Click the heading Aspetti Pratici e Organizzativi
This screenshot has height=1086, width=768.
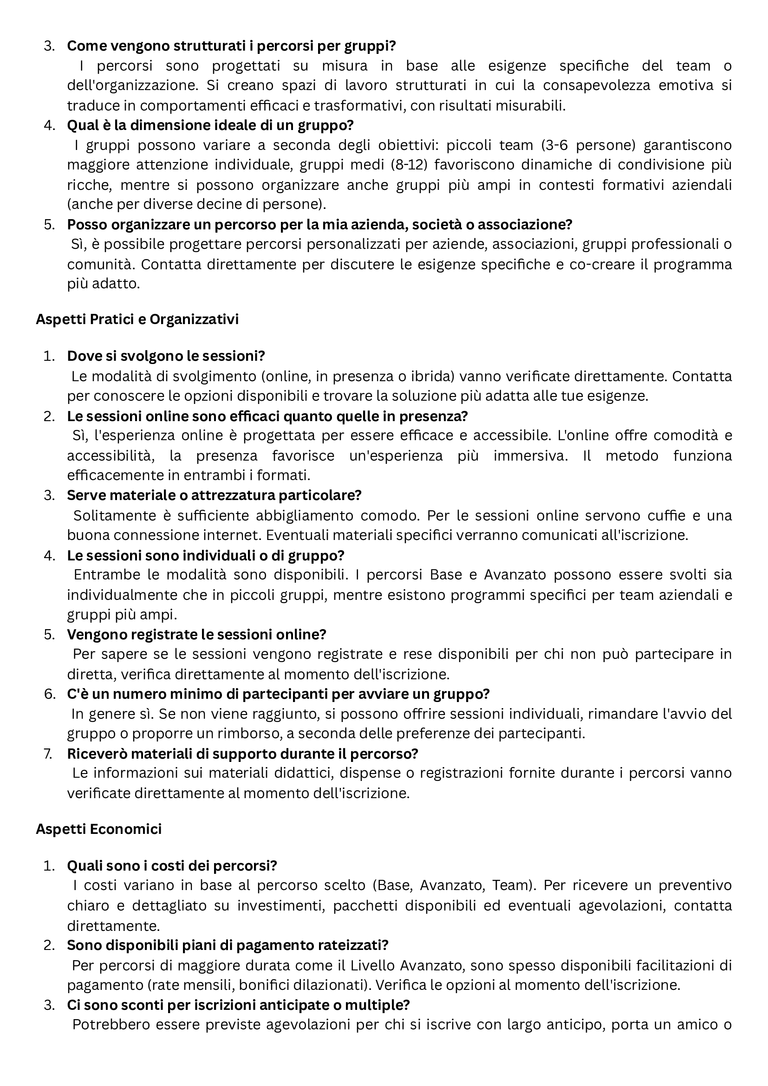[137, 319]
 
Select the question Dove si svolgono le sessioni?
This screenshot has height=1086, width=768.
[165, 356]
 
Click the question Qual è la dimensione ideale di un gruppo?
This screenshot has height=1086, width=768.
[210, 125]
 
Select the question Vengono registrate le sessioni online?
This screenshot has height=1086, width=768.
[197, 634]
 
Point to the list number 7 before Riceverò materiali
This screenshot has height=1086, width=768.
[48, 754]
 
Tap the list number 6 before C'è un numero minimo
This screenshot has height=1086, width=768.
[49, 694]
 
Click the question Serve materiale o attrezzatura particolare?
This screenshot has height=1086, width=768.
[214, 495]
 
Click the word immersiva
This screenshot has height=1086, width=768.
[531, 456]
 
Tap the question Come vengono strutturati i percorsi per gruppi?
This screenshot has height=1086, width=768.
[231, 46]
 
